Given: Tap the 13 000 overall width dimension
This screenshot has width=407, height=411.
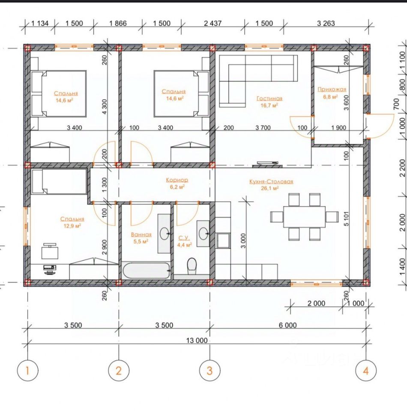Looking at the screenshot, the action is click(197, 340).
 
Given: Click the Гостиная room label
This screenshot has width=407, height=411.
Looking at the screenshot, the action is click(269, 98).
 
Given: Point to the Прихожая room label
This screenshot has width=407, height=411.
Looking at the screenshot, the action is click(332, 89).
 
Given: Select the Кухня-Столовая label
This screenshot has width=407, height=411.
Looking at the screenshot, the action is click(271, 182).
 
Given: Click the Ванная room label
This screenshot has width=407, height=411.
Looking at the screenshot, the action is click(141, 235).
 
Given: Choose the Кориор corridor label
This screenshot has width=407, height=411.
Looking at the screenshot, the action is click(177, 180).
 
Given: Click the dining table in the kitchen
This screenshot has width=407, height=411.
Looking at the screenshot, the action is click(304, 217).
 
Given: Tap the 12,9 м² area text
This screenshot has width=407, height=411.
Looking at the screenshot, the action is click(72, 226).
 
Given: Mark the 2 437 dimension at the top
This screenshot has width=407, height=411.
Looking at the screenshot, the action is click(212, 23).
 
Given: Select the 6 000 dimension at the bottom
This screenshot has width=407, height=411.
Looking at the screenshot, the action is click(287, 325).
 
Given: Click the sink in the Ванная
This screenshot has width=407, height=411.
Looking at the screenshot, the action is click(165, 233).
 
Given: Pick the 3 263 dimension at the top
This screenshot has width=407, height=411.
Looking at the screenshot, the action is click(326, 23).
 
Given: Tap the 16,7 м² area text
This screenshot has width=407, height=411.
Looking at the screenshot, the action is click(269, 105).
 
